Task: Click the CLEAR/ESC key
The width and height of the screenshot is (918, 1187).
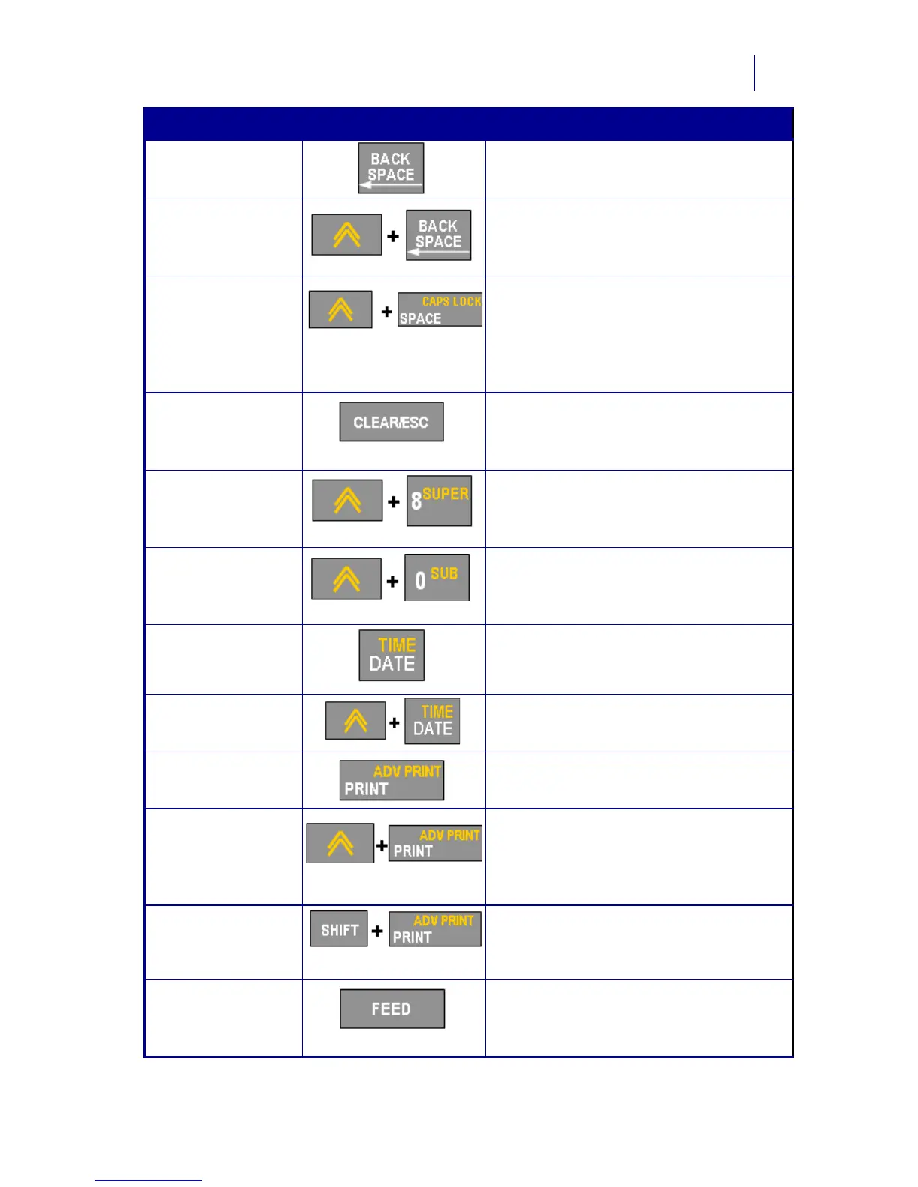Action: click(x=391, y=422)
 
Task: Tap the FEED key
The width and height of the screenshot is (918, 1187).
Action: click(x=391, y=1009)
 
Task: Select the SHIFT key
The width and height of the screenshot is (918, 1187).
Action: click(x=339, y=929)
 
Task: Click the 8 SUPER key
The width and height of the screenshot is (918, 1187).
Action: click(x=439, y=501)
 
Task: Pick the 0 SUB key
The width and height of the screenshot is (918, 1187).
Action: click(x=436, y=578)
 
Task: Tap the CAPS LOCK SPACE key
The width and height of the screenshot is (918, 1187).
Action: click(x=439, y=309)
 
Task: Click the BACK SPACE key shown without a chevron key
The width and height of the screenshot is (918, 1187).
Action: click(x=391, y=168)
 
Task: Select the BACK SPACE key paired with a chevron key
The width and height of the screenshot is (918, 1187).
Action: click(x=439, y=235)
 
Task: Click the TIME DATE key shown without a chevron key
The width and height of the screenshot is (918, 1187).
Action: click(x=391, y=655)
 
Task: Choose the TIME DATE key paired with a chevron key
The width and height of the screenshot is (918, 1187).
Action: click(x=432, y=721)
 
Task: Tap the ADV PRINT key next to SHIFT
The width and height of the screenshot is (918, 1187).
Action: click(x=435, y=928)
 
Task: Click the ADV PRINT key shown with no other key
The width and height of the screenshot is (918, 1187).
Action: click(x=391, y=780)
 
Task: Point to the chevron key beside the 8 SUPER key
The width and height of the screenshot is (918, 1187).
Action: click(x=347, y=501)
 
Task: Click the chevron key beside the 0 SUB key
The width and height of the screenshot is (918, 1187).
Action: click(x=346, y=579)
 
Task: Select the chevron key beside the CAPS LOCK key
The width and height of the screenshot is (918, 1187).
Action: click(x=340, y=309)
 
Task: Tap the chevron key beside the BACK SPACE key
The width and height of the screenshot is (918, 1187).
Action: click(x=346, y=235)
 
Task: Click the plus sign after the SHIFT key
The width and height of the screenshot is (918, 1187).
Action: click(x=377, y=931)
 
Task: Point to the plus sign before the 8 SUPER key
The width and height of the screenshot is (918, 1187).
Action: click(x=394, y=501)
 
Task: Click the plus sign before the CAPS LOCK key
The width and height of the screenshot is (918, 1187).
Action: click(x=386, y=312)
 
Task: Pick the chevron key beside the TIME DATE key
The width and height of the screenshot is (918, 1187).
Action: click(x=355, y=721)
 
